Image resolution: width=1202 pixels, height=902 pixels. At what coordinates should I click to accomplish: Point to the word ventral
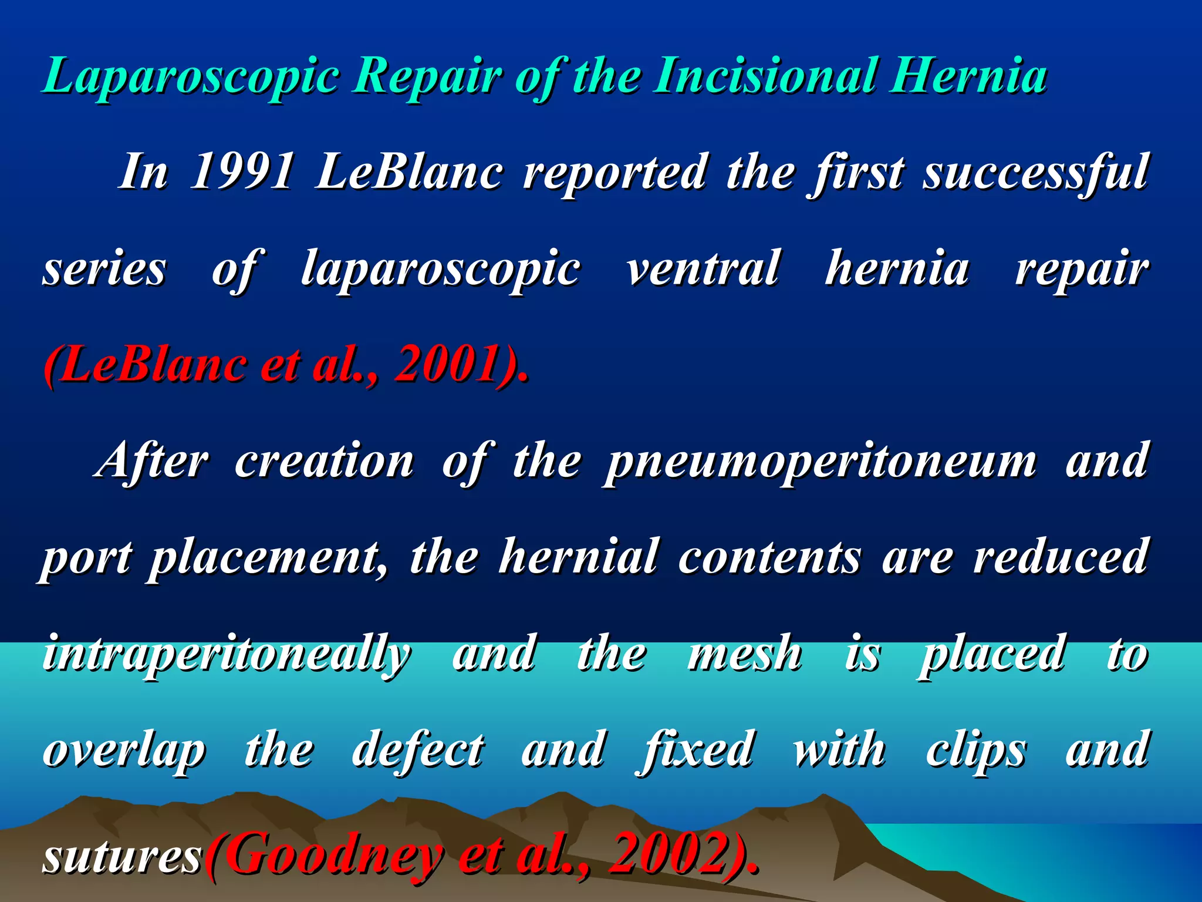(x=703, y=268)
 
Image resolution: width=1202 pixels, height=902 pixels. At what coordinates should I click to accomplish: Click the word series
(x=104, y=268)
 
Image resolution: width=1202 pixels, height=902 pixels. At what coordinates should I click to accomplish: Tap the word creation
(x=325, y=461)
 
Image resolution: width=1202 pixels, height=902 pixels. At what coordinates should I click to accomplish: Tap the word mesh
(x=745, y=654)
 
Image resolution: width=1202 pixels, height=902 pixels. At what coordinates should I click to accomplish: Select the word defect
(x=418, y=750)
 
